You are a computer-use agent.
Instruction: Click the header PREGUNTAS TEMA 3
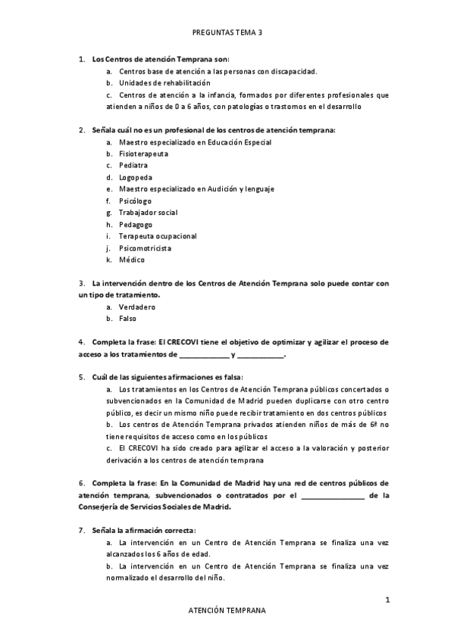pyautogui.click(x=227, y=33)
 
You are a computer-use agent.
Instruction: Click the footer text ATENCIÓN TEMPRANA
pyautogui.click(x=227, y=609)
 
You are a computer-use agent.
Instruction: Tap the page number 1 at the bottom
pyautogui.click(x=387, y=600)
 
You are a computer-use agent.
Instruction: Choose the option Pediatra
pyautogui.click(x=133, y=165)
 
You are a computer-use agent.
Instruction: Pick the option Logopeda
pyautogui.click(x=135, y=177)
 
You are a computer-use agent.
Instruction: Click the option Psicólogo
pyautogui.click(x=135, y=201)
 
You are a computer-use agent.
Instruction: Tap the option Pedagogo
pyautogui.click(x=136, y=225)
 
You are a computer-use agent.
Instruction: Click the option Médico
pyautogui.click(x=131, y=260)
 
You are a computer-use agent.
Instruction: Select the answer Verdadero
pyautogui.click(x=136, y=307)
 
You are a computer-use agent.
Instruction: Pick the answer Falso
pyautogui.click(x=127, y=319)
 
